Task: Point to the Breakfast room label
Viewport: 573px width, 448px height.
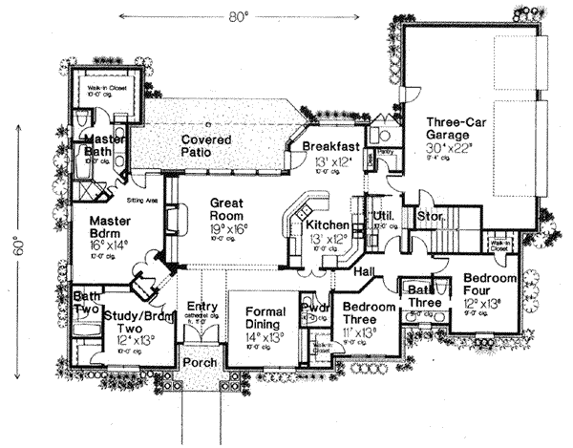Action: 330,146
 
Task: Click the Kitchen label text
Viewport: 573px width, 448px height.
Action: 328,224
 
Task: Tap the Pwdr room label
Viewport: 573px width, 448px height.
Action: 316,308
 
